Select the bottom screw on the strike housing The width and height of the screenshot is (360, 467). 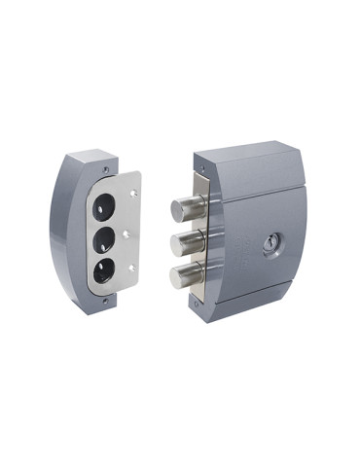click(x=115, y=299)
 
